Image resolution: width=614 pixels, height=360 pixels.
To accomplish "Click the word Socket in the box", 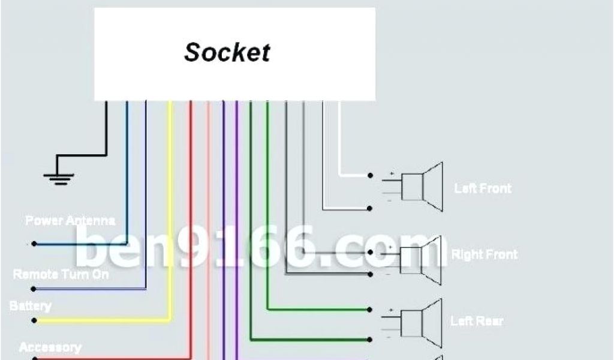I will coord(227,52).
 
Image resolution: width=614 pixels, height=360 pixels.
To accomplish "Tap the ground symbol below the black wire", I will coord(59,176).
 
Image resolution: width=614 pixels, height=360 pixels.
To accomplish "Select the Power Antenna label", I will coord(70,221).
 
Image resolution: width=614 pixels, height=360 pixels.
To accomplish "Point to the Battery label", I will coord(30,306).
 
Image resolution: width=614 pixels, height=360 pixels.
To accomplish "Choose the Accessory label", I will coord(50,347).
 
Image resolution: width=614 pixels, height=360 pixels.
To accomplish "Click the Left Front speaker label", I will coord(483,188).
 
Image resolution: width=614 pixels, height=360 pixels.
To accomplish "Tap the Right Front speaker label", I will coord(484,254).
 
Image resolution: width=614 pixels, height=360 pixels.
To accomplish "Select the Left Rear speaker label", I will coord(477,322).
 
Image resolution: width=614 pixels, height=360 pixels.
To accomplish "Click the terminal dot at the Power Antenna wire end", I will coord(34,244).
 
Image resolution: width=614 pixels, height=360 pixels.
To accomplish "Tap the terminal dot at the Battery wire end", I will coord(34,320).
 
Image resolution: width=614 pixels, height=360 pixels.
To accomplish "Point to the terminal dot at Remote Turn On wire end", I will coord(34,289).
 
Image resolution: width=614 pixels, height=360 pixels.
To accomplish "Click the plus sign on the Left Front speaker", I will coord(392,174).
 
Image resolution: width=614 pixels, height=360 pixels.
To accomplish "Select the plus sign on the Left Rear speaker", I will coord(392,311).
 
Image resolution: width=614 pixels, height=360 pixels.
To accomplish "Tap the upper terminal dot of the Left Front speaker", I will coord(371,176).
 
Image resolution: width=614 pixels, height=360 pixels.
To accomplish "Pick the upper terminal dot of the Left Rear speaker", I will coord(371,310).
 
